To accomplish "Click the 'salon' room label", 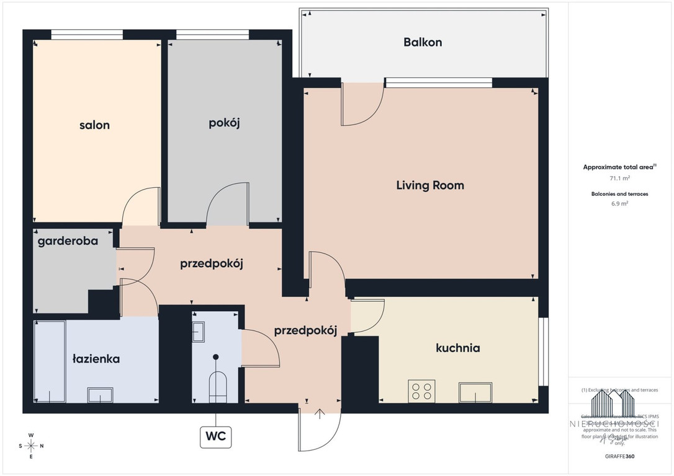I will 94,125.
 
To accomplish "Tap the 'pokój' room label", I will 224,123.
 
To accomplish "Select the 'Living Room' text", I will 430,185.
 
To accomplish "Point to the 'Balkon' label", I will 423,42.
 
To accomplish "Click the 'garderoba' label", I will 68,241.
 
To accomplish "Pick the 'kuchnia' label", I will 457,348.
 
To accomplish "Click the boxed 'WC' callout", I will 215,437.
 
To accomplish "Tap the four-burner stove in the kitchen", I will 422,392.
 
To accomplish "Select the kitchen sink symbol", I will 475,392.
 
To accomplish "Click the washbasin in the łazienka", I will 100,395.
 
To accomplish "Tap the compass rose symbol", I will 31,446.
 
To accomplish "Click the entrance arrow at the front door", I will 320,414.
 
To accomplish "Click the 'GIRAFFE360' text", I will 619,456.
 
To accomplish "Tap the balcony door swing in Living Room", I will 363,104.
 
